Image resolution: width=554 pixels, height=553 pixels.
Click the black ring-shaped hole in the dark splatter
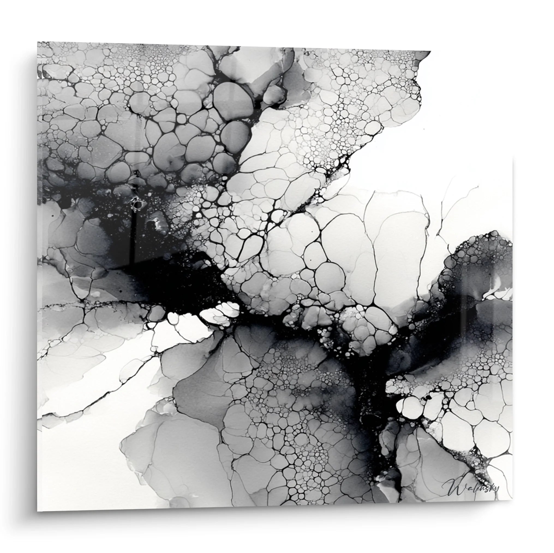(138, 204)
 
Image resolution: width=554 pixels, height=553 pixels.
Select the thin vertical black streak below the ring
(133, 238)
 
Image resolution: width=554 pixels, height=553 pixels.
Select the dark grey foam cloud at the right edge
(476, 266)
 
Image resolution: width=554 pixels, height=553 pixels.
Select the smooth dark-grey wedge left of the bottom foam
(198, 392)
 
